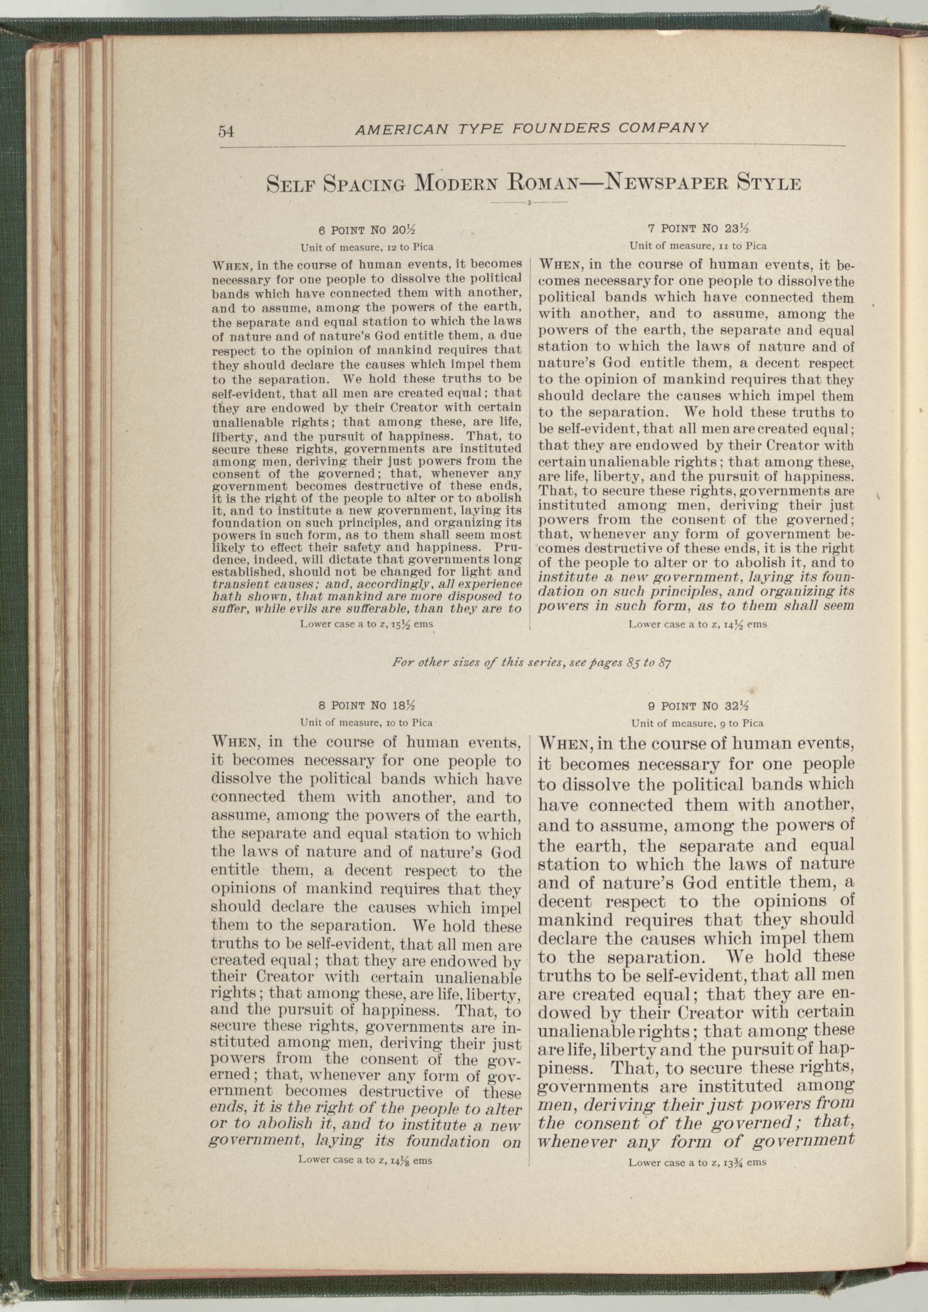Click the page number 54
coord(226,132)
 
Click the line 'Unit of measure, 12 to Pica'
coord(367,247)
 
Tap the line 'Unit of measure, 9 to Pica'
coord(697,723)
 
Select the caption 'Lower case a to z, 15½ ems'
coord(367,624)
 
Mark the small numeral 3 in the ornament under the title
coord(530,203)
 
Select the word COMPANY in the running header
coord(665,127)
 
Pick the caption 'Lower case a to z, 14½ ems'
coord(697,625)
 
